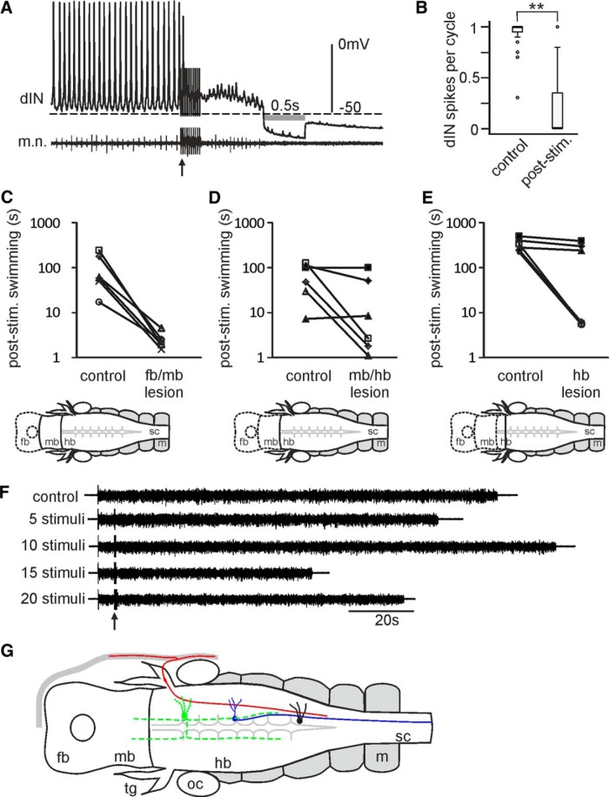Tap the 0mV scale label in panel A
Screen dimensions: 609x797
(354, 44)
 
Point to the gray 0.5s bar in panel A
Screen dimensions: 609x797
(284, 117)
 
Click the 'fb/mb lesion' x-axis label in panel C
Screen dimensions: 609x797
(164, 384)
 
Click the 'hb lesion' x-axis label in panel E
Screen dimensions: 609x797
(581, 384)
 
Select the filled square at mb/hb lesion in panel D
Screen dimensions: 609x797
(369, 267)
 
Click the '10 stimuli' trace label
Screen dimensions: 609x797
(53, 546)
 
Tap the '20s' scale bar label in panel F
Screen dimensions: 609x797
(386, 620)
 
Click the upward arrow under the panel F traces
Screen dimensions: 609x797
(115, 621)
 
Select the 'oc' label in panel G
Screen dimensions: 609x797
(195, 784)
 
